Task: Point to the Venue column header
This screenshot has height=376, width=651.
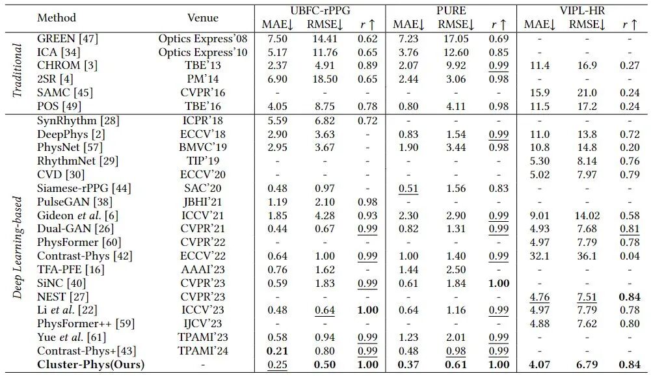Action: [203, 18]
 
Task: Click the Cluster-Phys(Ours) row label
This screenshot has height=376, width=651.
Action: [90, 364]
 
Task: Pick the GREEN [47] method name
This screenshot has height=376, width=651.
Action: [68, 38]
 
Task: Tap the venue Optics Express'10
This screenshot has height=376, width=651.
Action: [203, 52]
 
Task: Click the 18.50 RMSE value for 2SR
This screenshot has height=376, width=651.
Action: [325, 79]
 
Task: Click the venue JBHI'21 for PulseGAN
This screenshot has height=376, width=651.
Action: [203, 202]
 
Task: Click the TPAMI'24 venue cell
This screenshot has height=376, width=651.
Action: [203, 351]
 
